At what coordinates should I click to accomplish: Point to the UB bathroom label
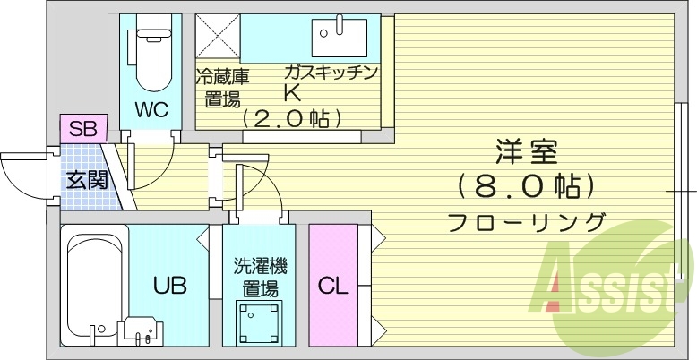[168, 286]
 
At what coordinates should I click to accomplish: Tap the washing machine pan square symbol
[257, 321]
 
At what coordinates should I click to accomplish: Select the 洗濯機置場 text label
[260, 277]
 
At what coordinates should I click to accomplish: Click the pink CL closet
[332, 286]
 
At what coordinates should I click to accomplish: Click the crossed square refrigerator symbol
[218, 38]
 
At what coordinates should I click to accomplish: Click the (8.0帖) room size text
[525, 186]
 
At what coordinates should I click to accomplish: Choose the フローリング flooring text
[525, 221]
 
